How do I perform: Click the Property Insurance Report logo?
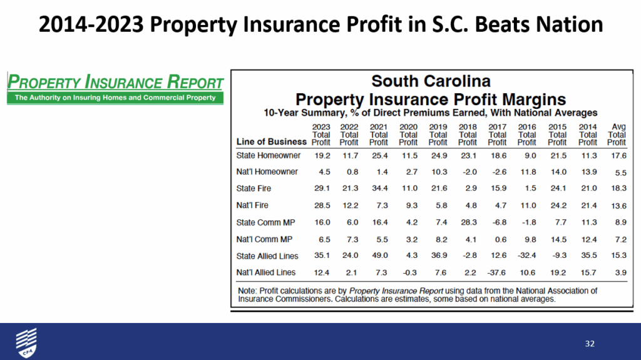(x=115, y=88)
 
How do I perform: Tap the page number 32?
(x=589, y=343)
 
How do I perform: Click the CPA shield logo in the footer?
(x=26, y=342)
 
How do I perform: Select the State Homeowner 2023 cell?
(x=321, y=155)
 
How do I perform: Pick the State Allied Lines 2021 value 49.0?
(x=379, y=255)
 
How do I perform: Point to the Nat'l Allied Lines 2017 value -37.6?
(x=497, y=272)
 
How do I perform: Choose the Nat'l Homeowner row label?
(x=267, y=172)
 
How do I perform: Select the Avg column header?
(x=617, y=127)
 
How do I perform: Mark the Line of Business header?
(x=272, y=141)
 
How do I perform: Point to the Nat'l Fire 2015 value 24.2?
(x=556, y=205)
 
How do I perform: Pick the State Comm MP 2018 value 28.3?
(x=468, y=222)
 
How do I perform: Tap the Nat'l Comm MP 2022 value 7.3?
(x=349, y=239)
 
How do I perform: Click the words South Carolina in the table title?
(x=431, y=81)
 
